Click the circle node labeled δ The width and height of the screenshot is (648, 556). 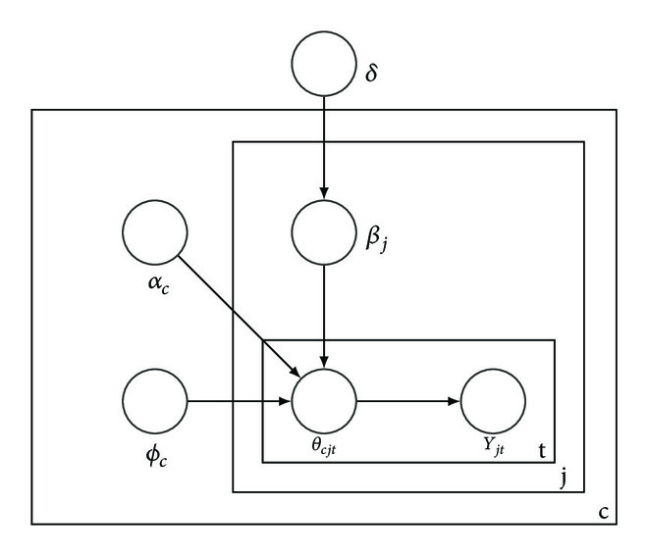(x=325, y=68)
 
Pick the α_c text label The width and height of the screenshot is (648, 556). (x=155, y=291)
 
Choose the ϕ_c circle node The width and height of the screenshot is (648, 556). (x=154, y=402)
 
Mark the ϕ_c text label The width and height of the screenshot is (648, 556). (x=155, y=458)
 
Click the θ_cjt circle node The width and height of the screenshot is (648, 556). (x=325, y=402)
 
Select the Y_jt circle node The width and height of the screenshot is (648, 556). (x=494, y=402)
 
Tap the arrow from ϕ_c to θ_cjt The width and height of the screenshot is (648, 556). (x=240, y=402)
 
